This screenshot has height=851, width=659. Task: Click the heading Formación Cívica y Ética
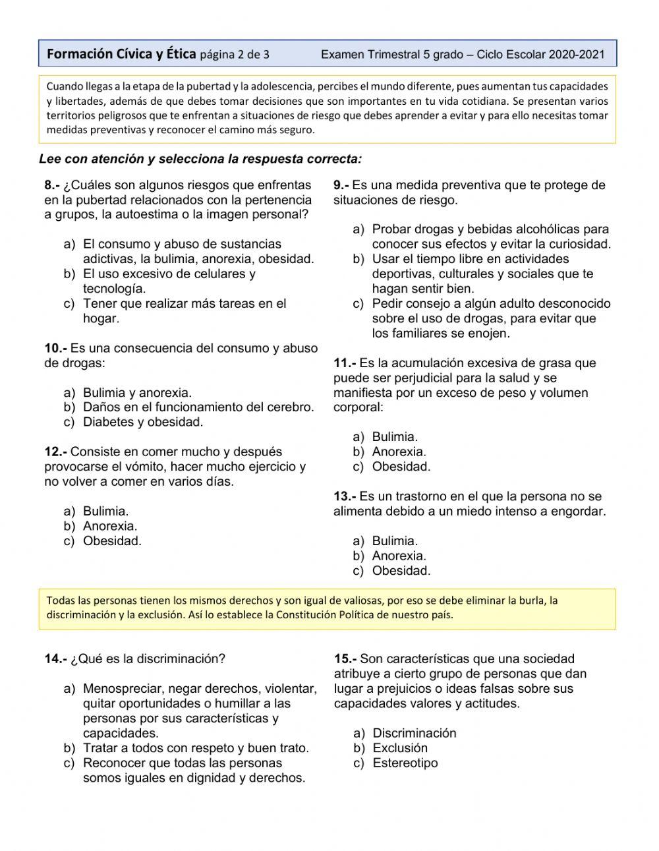coord(121,54)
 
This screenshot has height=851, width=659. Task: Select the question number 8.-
coord(53,185)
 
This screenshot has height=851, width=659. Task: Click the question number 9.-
coord(341,185)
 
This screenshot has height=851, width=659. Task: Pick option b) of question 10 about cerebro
coord(198,407)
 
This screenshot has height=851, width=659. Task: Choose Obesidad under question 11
coord(401,467)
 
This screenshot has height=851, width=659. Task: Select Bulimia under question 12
coord(105,512)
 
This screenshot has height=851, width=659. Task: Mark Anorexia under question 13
coord(399,556)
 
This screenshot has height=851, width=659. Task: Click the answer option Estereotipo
coord(405,763)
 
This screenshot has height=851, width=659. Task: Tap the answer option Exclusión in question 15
coord(400,748)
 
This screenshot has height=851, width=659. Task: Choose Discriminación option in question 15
coord(414,733)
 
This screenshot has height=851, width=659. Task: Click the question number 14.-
coord(55,659)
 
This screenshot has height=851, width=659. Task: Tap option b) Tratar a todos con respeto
coord(195,748)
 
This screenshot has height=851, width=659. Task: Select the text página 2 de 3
coord(234,55)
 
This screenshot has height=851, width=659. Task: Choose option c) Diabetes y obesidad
coord(142,423)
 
